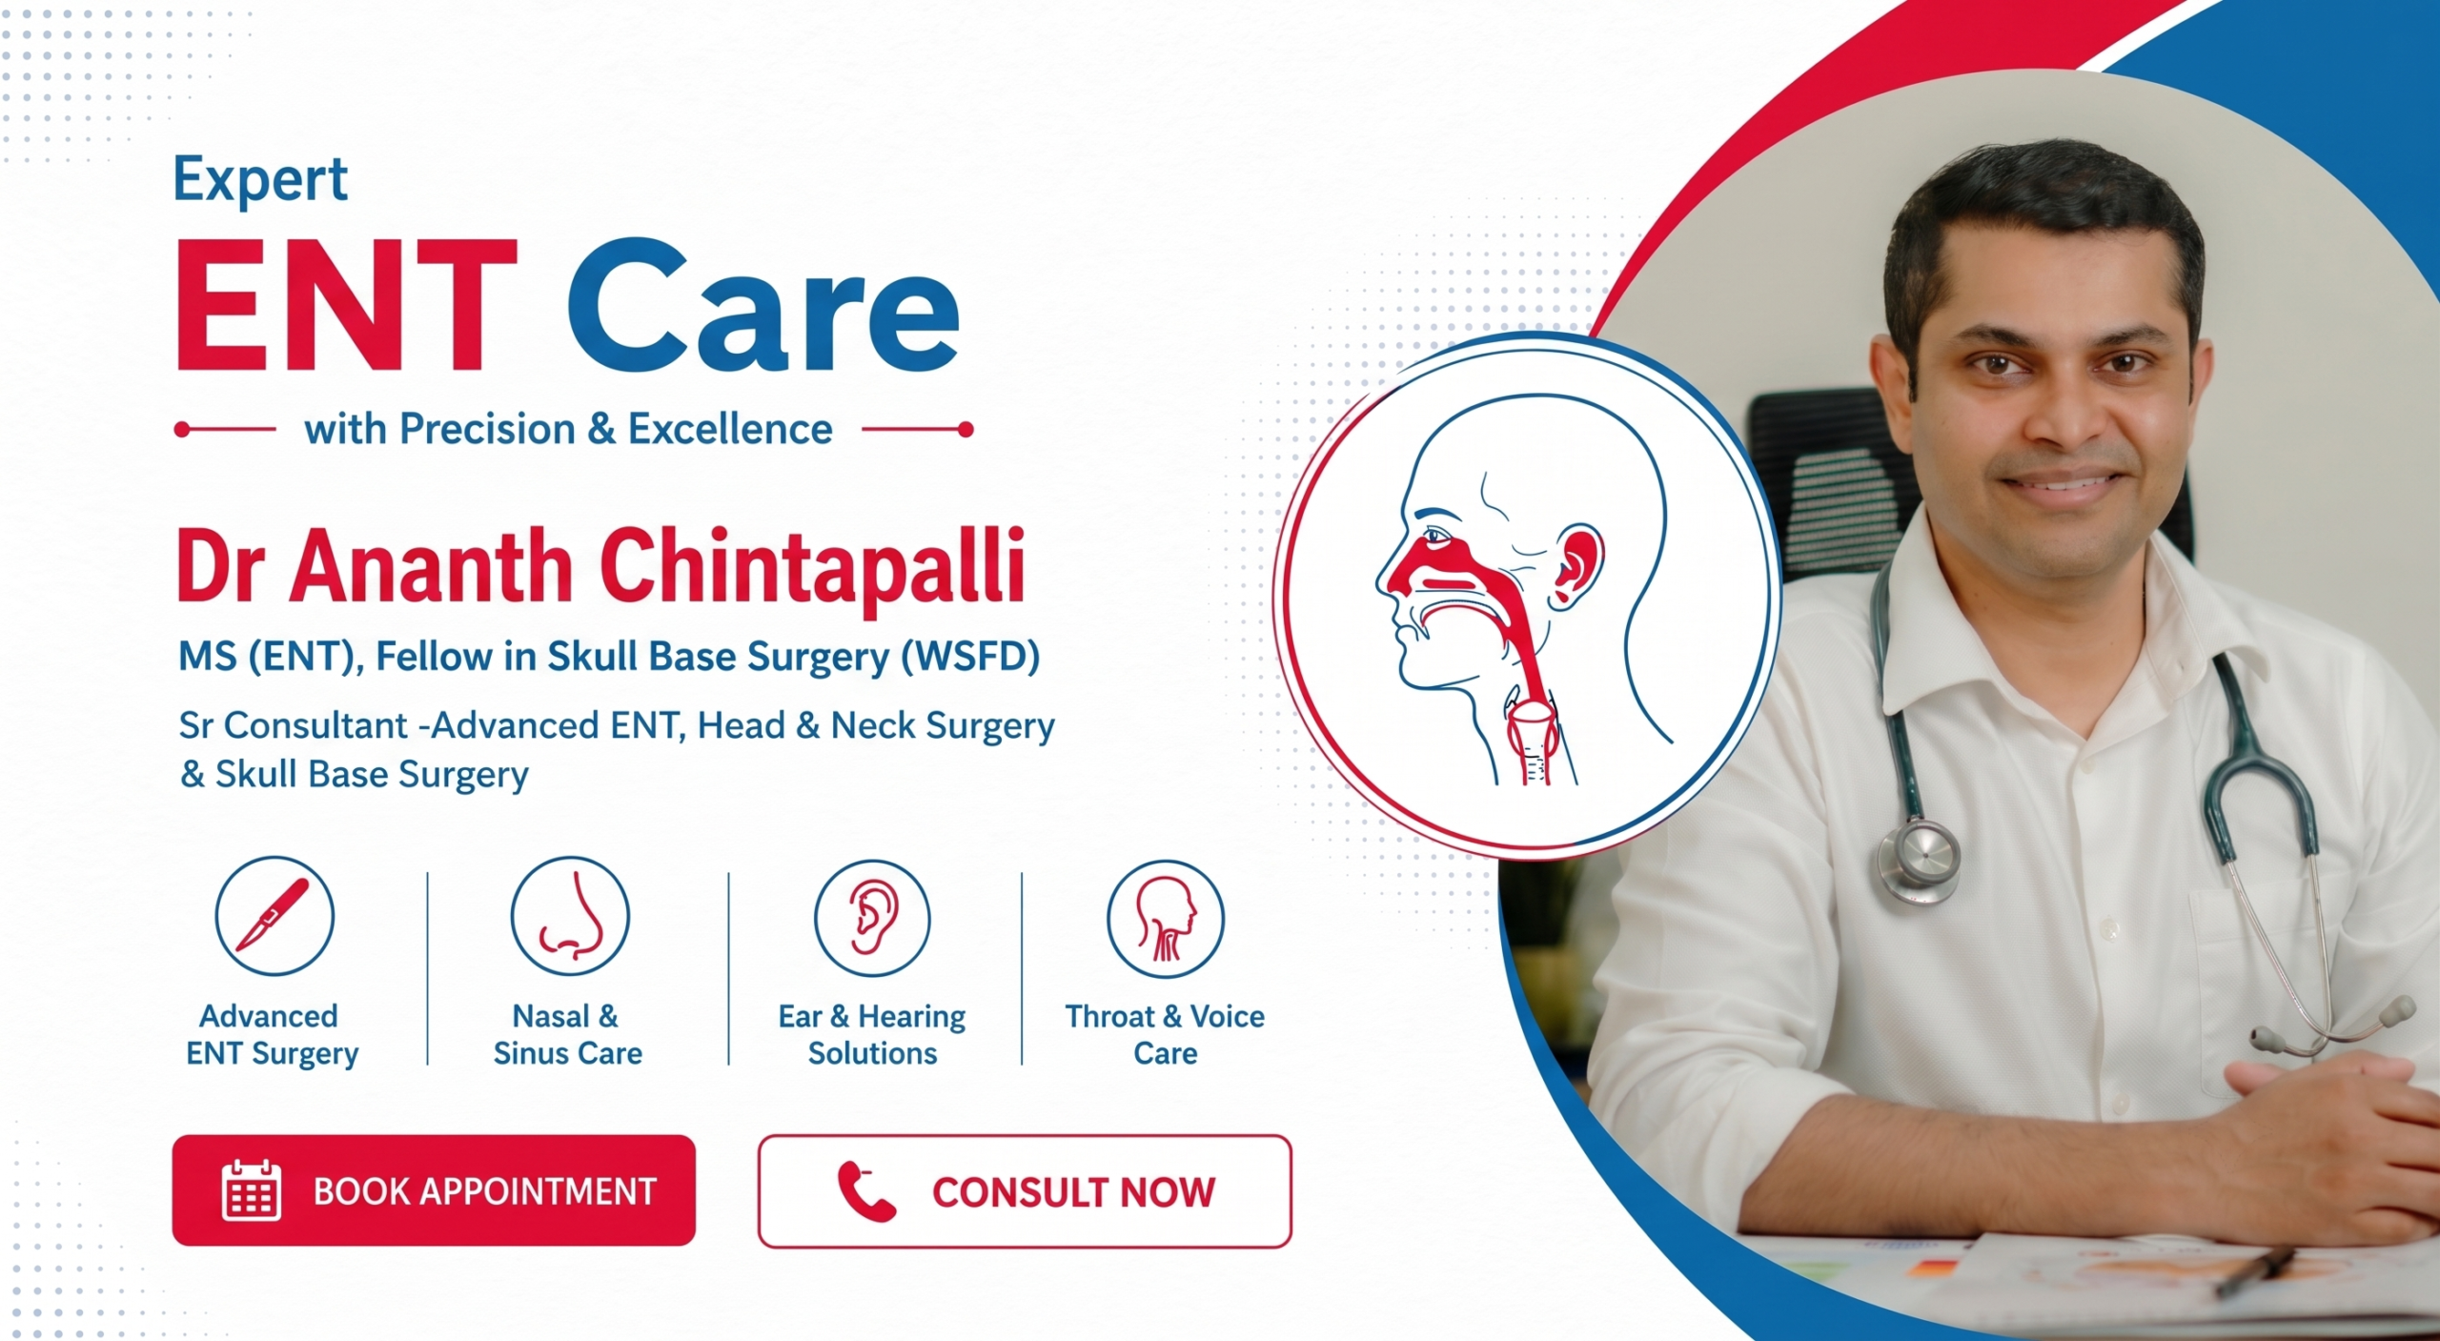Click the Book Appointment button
(434, 1189)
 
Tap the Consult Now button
(1025, 1191)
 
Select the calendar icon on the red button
(252, 1190)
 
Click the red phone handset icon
(866, 1191)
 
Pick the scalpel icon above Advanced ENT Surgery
(274, 915)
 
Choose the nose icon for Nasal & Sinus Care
(570, 915)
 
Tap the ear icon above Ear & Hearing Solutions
(872, 918)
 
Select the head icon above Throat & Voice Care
(1165, 918)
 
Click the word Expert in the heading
(260, 179)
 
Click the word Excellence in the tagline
(730, 429)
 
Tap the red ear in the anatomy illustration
(1578, 566)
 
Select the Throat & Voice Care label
(1165, 1034)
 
